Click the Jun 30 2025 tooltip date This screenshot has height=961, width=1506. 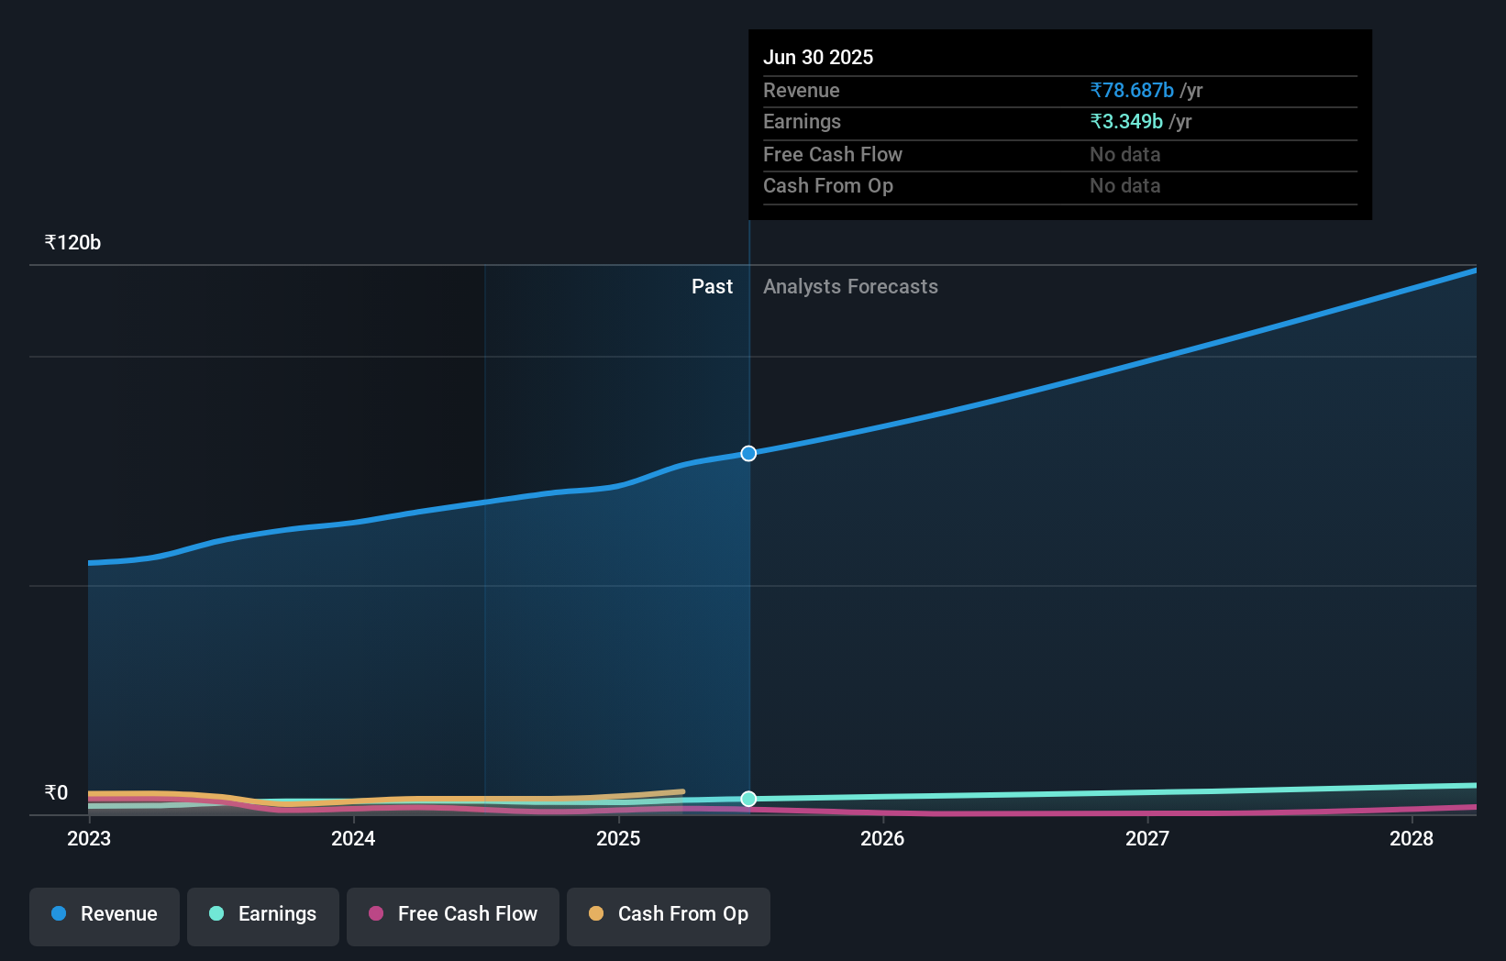tap(817, 57)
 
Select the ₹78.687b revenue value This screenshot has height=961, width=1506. tap(1131, 90)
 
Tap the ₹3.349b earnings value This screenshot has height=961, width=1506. tap(1125, 121)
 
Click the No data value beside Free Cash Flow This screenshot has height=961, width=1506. tap(1124, 154)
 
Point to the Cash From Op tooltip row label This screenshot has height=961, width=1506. tap(827, 185)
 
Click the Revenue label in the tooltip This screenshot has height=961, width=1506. tap(801, 90)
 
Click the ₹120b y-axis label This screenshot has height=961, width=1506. tap(72, 242)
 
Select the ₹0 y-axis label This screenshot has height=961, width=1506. tap(56, 792)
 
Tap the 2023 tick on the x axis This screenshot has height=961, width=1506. tap(89, 838)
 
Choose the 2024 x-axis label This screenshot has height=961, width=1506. tap(353, 838)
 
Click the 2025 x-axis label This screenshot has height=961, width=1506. tap(618, 838)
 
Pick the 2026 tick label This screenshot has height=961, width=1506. tap(882, 838)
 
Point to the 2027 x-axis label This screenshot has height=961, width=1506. tap(1147, 838)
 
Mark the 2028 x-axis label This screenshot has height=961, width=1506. tap(1412, 838)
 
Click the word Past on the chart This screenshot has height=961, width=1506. tap(712, 286)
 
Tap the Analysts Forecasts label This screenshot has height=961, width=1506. tap(850, 286)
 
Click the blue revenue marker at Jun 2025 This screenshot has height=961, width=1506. tap(748, 453)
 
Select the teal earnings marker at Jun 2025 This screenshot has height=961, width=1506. tap(748, 799)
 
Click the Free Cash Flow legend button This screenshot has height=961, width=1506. tap(453, 914)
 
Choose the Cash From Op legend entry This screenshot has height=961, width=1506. tap(669, 914)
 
